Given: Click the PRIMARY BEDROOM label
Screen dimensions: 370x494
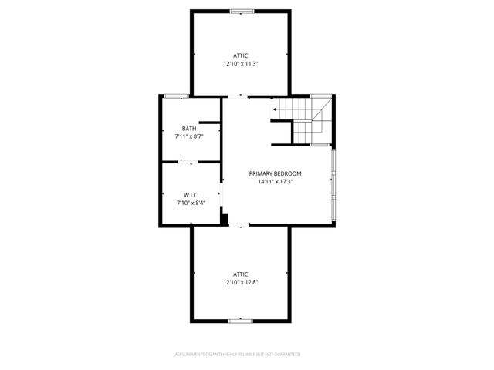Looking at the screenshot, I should coord(275,174).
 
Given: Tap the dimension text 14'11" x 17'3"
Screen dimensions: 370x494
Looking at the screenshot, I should coord(275,183).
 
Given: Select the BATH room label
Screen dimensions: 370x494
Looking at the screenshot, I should coord(189,129).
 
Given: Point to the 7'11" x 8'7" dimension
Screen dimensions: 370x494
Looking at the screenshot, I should coord(189,136).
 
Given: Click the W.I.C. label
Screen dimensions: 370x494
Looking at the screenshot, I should coord(191,195).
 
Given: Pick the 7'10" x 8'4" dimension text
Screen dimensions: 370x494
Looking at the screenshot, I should coord(191,203).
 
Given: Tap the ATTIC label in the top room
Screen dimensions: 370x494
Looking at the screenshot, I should coord(241,55).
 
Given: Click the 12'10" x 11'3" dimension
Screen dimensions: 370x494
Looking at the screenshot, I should coord(241,64).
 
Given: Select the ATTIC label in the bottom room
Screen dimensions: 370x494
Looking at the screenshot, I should coord(241,274).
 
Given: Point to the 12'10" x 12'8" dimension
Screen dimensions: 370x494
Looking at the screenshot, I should coord(241,282).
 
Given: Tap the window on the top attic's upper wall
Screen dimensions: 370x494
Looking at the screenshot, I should coord(242,11).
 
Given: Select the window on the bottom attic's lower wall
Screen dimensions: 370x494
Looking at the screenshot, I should coord(241,320).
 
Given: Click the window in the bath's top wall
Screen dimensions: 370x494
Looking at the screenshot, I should coord(177,96).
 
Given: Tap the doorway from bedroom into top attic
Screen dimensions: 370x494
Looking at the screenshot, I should coord(239,96).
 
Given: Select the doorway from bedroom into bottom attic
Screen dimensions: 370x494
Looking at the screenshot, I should coord(241,225).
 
